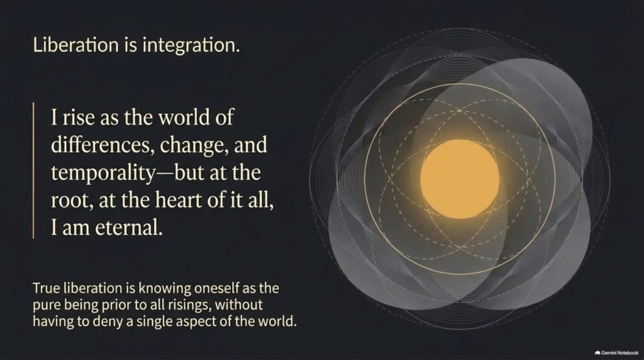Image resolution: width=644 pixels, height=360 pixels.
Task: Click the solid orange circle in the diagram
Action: coord(460,179)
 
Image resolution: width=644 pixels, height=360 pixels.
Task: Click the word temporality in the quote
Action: coord(103,173)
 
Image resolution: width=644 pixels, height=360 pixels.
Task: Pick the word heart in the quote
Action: coord(178,200)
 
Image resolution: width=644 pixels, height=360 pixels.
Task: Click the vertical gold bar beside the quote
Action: coord(33,170)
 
